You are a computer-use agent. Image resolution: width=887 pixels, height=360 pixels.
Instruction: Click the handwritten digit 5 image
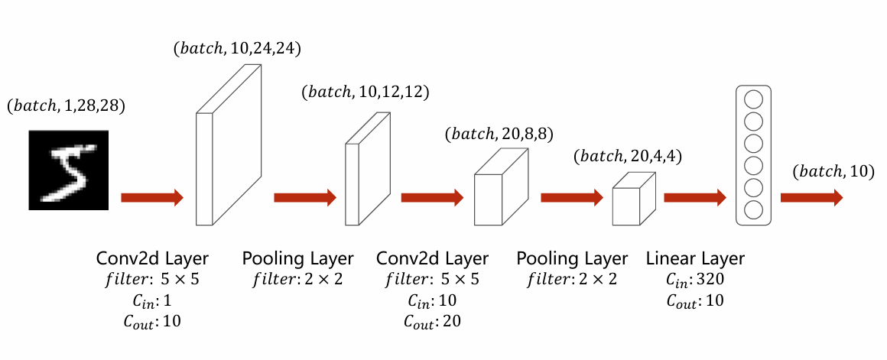click(69, 170)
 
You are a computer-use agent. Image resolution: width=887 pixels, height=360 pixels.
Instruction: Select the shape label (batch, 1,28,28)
click(66, 105)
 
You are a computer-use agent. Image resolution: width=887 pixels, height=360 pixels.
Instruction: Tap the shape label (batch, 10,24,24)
click(237, 49)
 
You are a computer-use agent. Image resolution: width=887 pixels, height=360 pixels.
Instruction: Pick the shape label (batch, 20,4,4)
click(627, 157)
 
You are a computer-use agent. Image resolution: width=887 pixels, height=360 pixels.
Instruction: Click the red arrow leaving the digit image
click(152, 197)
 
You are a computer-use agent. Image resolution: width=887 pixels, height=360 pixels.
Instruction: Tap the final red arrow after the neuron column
click(812, 197)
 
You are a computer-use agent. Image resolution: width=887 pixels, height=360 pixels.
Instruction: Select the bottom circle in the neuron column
click(753, 210)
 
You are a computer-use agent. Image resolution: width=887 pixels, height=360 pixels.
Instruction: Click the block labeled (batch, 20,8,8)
click(501, 186)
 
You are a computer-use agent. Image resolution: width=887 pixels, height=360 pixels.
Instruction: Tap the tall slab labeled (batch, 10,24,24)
click(229, 144)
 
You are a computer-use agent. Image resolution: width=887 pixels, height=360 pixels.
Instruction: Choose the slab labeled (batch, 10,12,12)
click(368, 168)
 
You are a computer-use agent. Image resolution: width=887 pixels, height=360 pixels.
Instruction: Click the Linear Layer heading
click(695, 258)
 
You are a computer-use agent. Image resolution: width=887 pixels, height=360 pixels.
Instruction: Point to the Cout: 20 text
click(432, 322)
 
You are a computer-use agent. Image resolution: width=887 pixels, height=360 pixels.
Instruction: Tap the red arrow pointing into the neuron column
click(695, 197)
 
